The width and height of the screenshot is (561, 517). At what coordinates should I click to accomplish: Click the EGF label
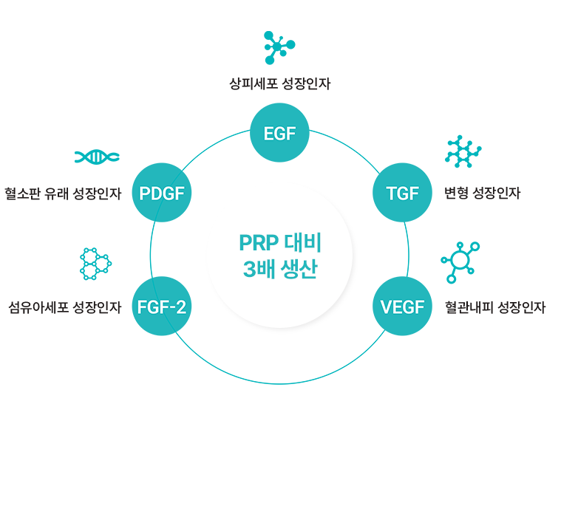[x=279, y=134]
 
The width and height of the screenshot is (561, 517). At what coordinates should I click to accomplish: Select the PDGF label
[x=162, y=194]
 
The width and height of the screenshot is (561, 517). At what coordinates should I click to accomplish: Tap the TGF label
[x=402, y=194]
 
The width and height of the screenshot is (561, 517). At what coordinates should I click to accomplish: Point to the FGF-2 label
[x=162, y=307]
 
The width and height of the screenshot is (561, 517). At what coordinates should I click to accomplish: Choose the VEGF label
[x=402, y=307]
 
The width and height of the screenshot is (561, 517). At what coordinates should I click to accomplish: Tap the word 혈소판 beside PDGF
[x=22, y=194]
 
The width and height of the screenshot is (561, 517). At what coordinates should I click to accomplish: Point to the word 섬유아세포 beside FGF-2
[x=34, y=307]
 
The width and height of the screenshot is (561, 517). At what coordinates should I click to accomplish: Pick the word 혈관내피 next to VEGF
[x=468, y=307]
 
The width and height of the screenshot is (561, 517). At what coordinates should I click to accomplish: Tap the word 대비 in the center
[x=304, y=243]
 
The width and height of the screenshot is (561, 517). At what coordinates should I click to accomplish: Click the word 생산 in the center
[x=299, y=269]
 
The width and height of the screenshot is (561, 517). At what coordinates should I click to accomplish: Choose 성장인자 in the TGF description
[x=495, y=194]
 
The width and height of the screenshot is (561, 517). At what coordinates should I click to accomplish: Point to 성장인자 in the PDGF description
[x=98, y=194]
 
